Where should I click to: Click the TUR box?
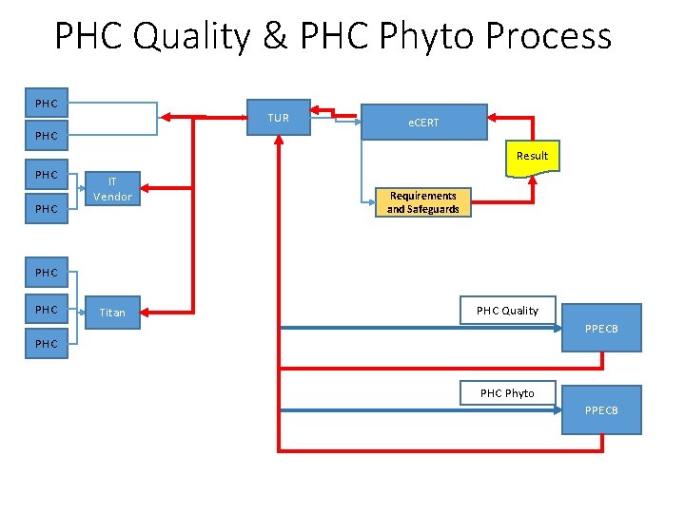(278, 118)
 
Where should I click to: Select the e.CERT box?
(423, 123)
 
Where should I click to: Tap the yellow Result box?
(532, 156)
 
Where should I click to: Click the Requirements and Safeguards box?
(422, 202)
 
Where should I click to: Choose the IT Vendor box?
(112, 189)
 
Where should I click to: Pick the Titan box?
(112, 312)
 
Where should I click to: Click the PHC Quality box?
(507, 310)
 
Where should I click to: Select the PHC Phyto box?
(507, 392)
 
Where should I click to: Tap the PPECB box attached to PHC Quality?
(601, 329)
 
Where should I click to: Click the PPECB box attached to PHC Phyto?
(601, 409)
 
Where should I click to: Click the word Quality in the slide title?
(187, 36)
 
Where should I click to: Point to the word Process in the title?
(548, 36)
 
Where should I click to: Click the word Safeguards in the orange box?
(422, 209)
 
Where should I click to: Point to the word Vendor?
(112, 197)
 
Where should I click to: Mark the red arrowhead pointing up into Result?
(533, 180)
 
